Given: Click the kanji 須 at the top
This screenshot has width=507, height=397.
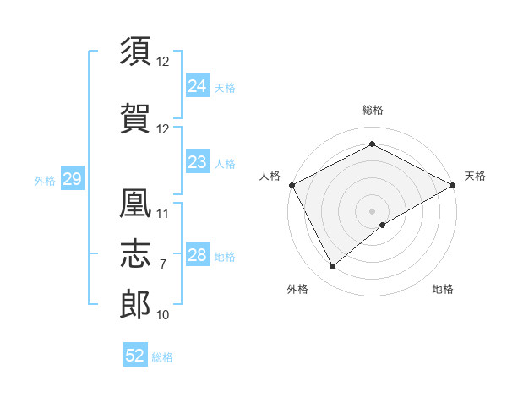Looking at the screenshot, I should point(136,52).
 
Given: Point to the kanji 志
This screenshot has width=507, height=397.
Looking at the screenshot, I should point(136,254).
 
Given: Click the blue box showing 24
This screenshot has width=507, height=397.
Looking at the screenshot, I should point(197,86).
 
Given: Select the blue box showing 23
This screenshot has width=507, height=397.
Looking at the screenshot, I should point(197,162).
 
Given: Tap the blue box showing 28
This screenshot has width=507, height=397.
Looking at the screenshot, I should point(197,255).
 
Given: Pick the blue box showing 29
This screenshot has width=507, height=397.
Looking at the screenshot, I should point(72,179).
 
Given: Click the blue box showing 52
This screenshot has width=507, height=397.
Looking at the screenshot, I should point(135,356).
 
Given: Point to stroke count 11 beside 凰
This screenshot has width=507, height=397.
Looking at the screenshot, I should point(163,214).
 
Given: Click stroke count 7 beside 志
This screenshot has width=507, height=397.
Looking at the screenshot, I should point(163,264).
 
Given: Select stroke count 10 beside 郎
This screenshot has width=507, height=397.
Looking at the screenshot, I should point(163,315).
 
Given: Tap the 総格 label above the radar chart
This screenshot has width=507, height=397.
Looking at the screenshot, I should point(372,110).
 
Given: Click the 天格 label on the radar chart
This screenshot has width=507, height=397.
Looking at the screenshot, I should point(475,176).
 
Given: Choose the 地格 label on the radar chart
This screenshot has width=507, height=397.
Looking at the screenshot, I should point(443,289).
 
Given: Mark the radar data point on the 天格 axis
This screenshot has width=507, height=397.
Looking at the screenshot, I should point(454,184).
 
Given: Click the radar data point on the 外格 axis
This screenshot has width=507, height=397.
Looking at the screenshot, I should point(332,267).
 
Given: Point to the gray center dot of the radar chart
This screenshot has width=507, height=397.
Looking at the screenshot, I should point(372,210).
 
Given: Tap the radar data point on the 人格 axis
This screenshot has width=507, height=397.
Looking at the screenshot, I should point(292,184).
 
